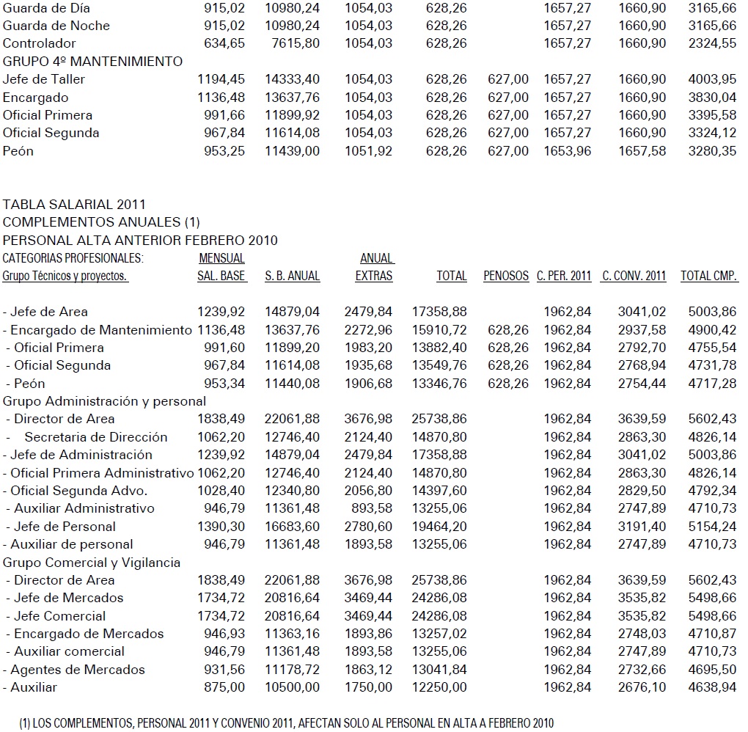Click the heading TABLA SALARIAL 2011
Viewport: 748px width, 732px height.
pos(74,205)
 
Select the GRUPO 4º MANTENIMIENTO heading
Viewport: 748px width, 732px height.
pos(93,62)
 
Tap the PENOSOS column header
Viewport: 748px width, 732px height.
pos(506,277)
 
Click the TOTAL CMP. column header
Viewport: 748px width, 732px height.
pos(709,277)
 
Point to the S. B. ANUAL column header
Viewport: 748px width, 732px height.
pos(293,277)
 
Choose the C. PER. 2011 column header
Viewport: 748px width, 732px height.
pos(564,277)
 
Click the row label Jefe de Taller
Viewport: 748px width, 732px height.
pos(44,79)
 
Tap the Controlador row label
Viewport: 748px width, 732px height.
pos(40,43)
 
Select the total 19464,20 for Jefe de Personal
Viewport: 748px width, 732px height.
pos(440,526)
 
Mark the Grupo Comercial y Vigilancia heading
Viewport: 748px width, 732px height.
pos(92,563)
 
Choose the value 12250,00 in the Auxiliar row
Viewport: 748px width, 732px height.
pos(440,687)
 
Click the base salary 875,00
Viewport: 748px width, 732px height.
pos(226,687)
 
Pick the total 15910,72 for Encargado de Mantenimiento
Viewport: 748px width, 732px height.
pos(440,330)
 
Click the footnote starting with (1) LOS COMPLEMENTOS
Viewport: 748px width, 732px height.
pos(286,722)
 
